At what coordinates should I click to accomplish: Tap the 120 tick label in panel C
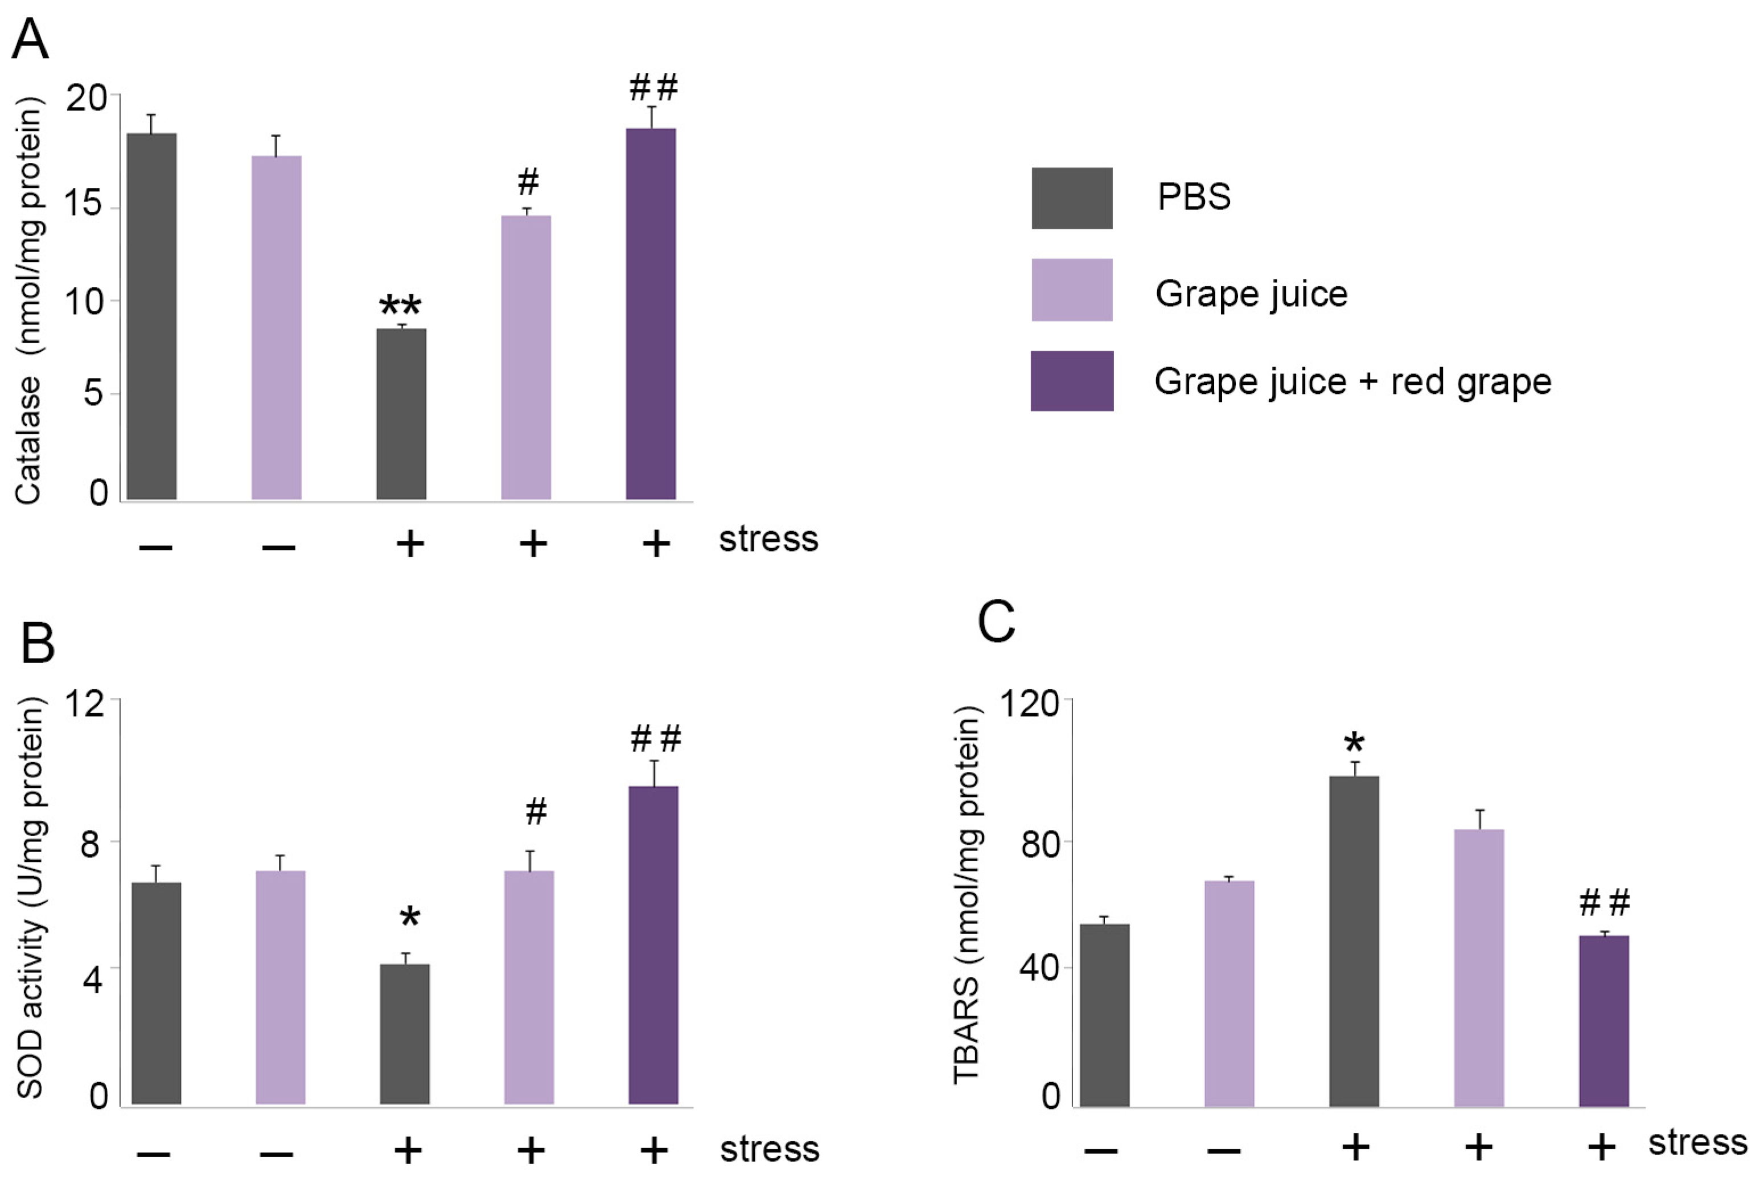point(1028,704)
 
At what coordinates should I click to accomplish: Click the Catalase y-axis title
point(28,301)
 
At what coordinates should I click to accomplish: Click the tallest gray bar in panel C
point(1354,941)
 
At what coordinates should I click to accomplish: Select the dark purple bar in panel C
point(1603,1021)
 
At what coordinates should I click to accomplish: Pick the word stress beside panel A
point(768,540)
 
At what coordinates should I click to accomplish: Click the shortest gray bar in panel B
point(404,1034)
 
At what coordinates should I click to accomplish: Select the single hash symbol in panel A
point(528,182)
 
